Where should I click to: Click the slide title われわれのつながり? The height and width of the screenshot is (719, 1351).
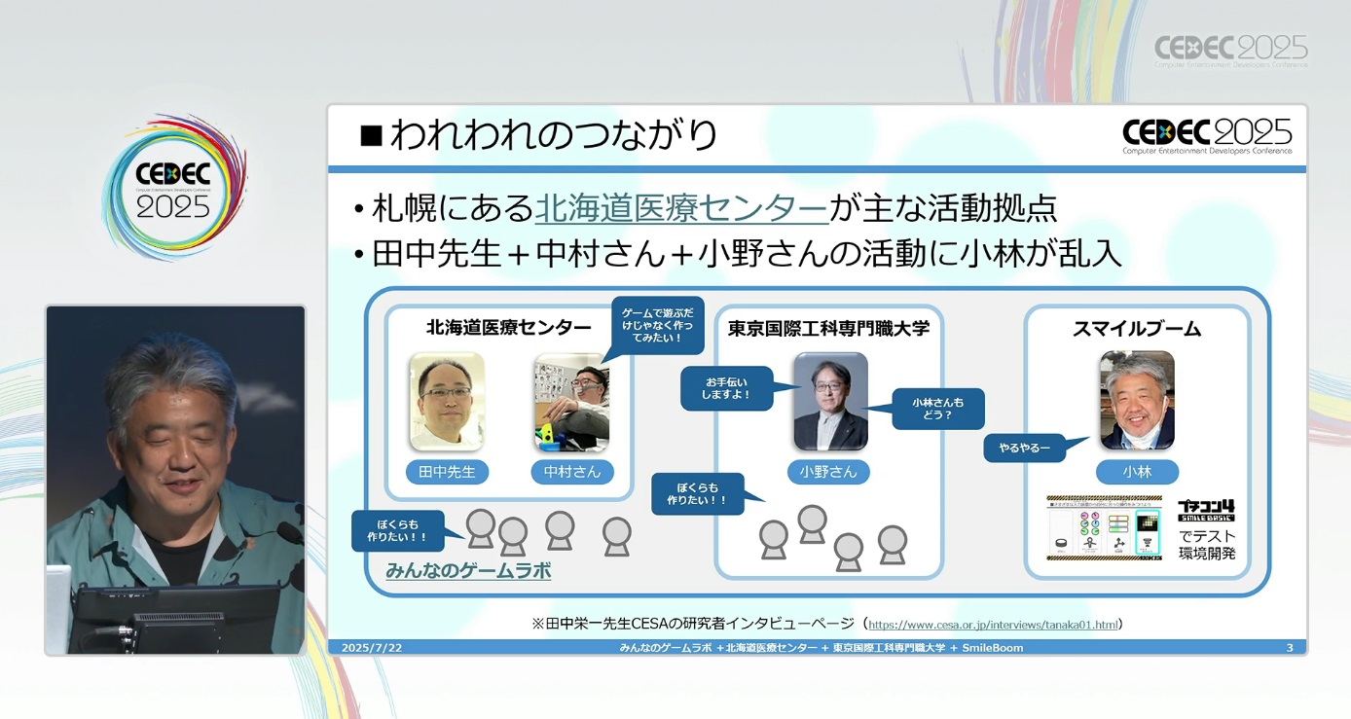coord(552,135)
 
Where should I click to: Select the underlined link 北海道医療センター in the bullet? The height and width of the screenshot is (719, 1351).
coord(681,208)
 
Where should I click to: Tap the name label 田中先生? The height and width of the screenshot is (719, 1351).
coord(447,472)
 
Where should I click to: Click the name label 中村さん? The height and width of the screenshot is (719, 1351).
coord(572,472)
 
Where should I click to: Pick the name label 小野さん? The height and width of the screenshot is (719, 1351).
coord(828,472)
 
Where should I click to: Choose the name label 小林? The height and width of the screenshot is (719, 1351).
coord(1136,472)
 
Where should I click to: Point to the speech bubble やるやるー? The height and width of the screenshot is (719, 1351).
coord(1024,449)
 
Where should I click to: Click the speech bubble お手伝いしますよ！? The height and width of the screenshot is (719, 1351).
coord(726,388)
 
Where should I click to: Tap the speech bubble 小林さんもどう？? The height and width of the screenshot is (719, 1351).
coord(938,408)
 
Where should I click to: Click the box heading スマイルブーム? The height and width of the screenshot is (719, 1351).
coord(1136,329)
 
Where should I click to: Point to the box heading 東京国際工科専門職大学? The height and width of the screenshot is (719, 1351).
coord(828,329)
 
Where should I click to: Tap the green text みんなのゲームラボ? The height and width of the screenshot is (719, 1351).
coord(468,571)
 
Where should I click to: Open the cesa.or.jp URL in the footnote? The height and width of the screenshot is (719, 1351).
coord(993,625)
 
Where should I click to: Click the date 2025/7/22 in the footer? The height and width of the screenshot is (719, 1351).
coord(371,648)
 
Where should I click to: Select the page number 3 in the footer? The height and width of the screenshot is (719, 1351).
coord(1290,648)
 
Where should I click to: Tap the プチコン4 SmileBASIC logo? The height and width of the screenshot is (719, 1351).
coord(1206,510)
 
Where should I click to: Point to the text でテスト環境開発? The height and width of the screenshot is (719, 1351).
coord(1207,545)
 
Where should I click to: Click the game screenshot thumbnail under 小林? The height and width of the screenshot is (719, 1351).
coord(1104,528)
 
